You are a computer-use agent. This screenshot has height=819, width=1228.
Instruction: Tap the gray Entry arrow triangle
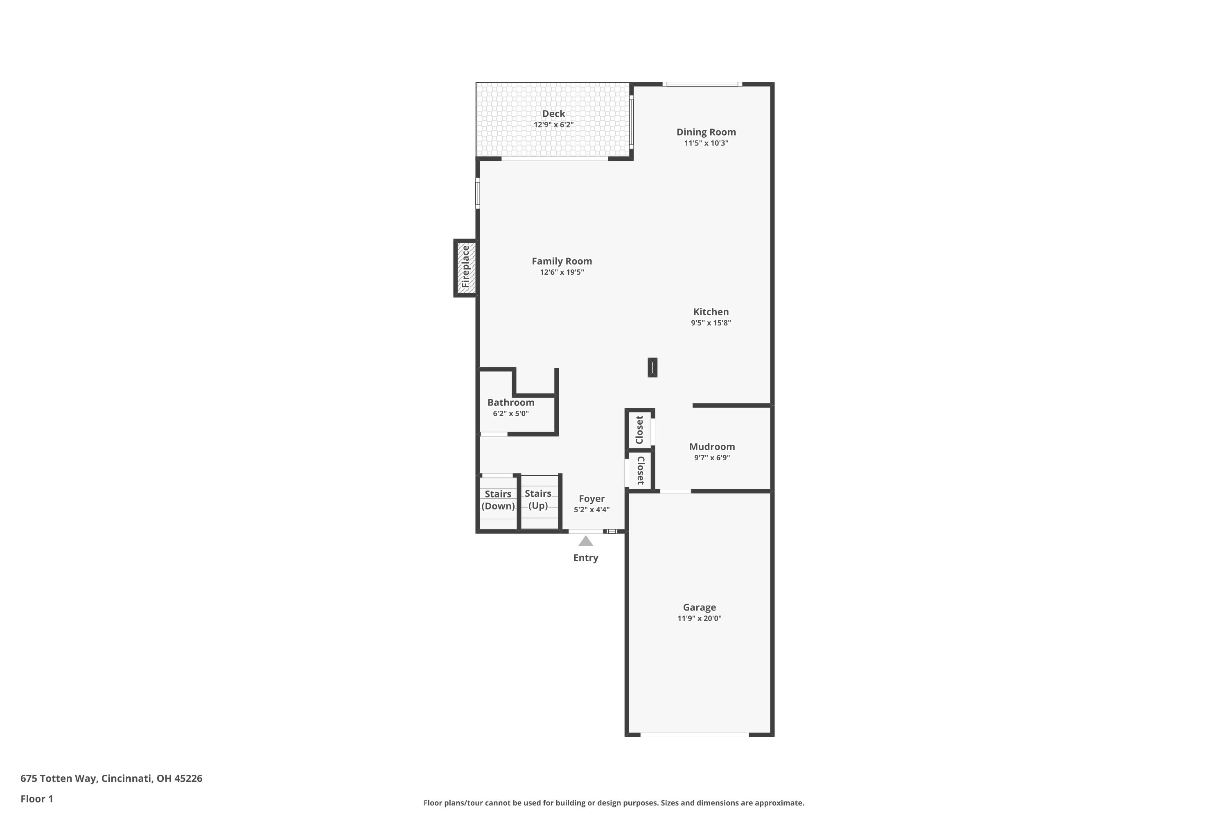(x=586, y=541)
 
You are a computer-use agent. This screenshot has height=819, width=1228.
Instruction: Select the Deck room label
(x=553, y=113)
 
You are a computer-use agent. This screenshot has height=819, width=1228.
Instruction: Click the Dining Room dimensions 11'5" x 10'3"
(x=707, y=143)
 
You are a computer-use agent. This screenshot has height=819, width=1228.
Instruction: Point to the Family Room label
(x=562, y=261)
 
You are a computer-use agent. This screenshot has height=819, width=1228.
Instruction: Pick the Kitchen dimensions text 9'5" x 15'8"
(x=711, y=323)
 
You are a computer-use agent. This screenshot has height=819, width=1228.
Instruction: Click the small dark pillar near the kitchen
(x=652, y=367)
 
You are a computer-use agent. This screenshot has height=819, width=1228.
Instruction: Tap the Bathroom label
(x=510, y=402)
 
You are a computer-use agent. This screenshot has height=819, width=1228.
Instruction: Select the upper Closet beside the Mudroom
(x=639, y=429)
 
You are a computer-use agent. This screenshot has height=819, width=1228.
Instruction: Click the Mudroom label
(x=712, y=447)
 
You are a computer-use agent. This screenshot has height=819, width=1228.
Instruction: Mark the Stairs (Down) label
(x=498, y=500)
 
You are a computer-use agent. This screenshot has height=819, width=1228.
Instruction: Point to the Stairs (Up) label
(x=538, y=499)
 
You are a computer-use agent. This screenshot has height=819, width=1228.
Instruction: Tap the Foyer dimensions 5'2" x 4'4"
(x=591, y=510)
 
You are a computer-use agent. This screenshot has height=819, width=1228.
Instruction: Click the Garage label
(x=700, y=607)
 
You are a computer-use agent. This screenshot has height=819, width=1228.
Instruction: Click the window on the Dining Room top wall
(x=702, y=84)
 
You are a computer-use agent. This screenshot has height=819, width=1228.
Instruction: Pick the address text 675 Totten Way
(x=59, y=779)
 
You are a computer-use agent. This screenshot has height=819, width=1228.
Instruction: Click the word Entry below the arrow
(x=586, y=558)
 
